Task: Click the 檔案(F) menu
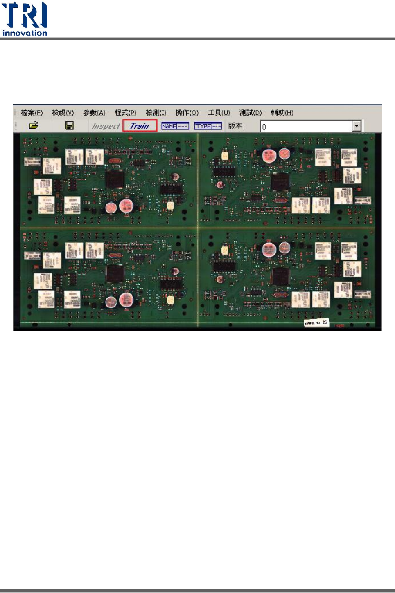[x=32, y=113]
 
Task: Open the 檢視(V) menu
[x=63, y=113]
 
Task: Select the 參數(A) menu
[x=94, y=113]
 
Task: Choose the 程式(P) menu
[x=125, y=113]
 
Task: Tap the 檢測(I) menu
[x=156, y=113]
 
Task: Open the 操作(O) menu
[x=187, y=113]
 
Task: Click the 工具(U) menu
[x=219, y=113]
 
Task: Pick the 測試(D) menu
[x=251, y=113]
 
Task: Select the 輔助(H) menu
[x=282, y=113]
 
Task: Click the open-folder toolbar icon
[x=34, y=126]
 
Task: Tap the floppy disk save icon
[x=70, y=126]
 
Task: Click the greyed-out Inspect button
[x=106, y=126]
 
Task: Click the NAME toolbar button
[x=175, y=126]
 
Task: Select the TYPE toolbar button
[x=208, y=126]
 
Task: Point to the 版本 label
[x=236, y=126]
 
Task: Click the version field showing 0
[x=306, y=127]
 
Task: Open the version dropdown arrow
[x=357, y=126]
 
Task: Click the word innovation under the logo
[x=25, y=33]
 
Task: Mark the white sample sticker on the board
[x=316, y=323]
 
